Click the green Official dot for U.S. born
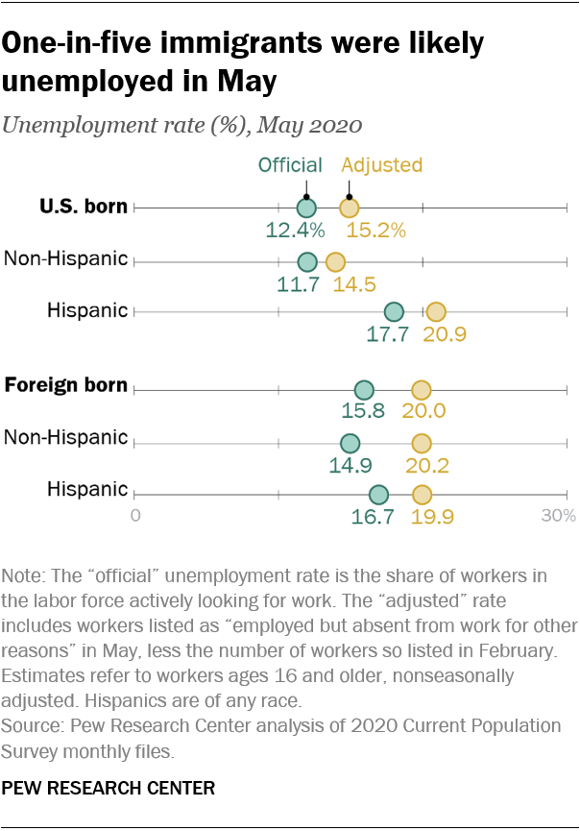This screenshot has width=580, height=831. tap(306, 208)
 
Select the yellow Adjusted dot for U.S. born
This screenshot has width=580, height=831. tap(349, 208)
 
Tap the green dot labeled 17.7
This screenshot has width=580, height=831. tap(394, 311)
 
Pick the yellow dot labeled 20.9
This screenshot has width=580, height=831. tap(436, 311)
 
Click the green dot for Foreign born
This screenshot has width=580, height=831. tap(364, 390)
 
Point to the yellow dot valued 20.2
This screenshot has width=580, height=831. tap(422, 443)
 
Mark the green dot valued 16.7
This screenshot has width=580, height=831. tap(378, 495)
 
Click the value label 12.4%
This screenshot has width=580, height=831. tap(296, 231)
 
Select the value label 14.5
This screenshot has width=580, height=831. tap(352, 283)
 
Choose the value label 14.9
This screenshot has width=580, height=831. tap(351, 466)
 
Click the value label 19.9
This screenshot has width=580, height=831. tap(432, 518)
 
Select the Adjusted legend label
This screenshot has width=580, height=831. tap(382, 164)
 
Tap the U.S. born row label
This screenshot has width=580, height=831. tap(84, 206)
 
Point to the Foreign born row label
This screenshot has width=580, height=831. tap(66, 385)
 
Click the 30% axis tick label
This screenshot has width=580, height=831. tap(558, 517)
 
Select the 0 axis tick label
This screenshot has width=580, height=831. tap(135, 517)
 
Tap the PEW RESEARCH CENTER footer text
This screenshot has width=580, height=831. tap(109, 788)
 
